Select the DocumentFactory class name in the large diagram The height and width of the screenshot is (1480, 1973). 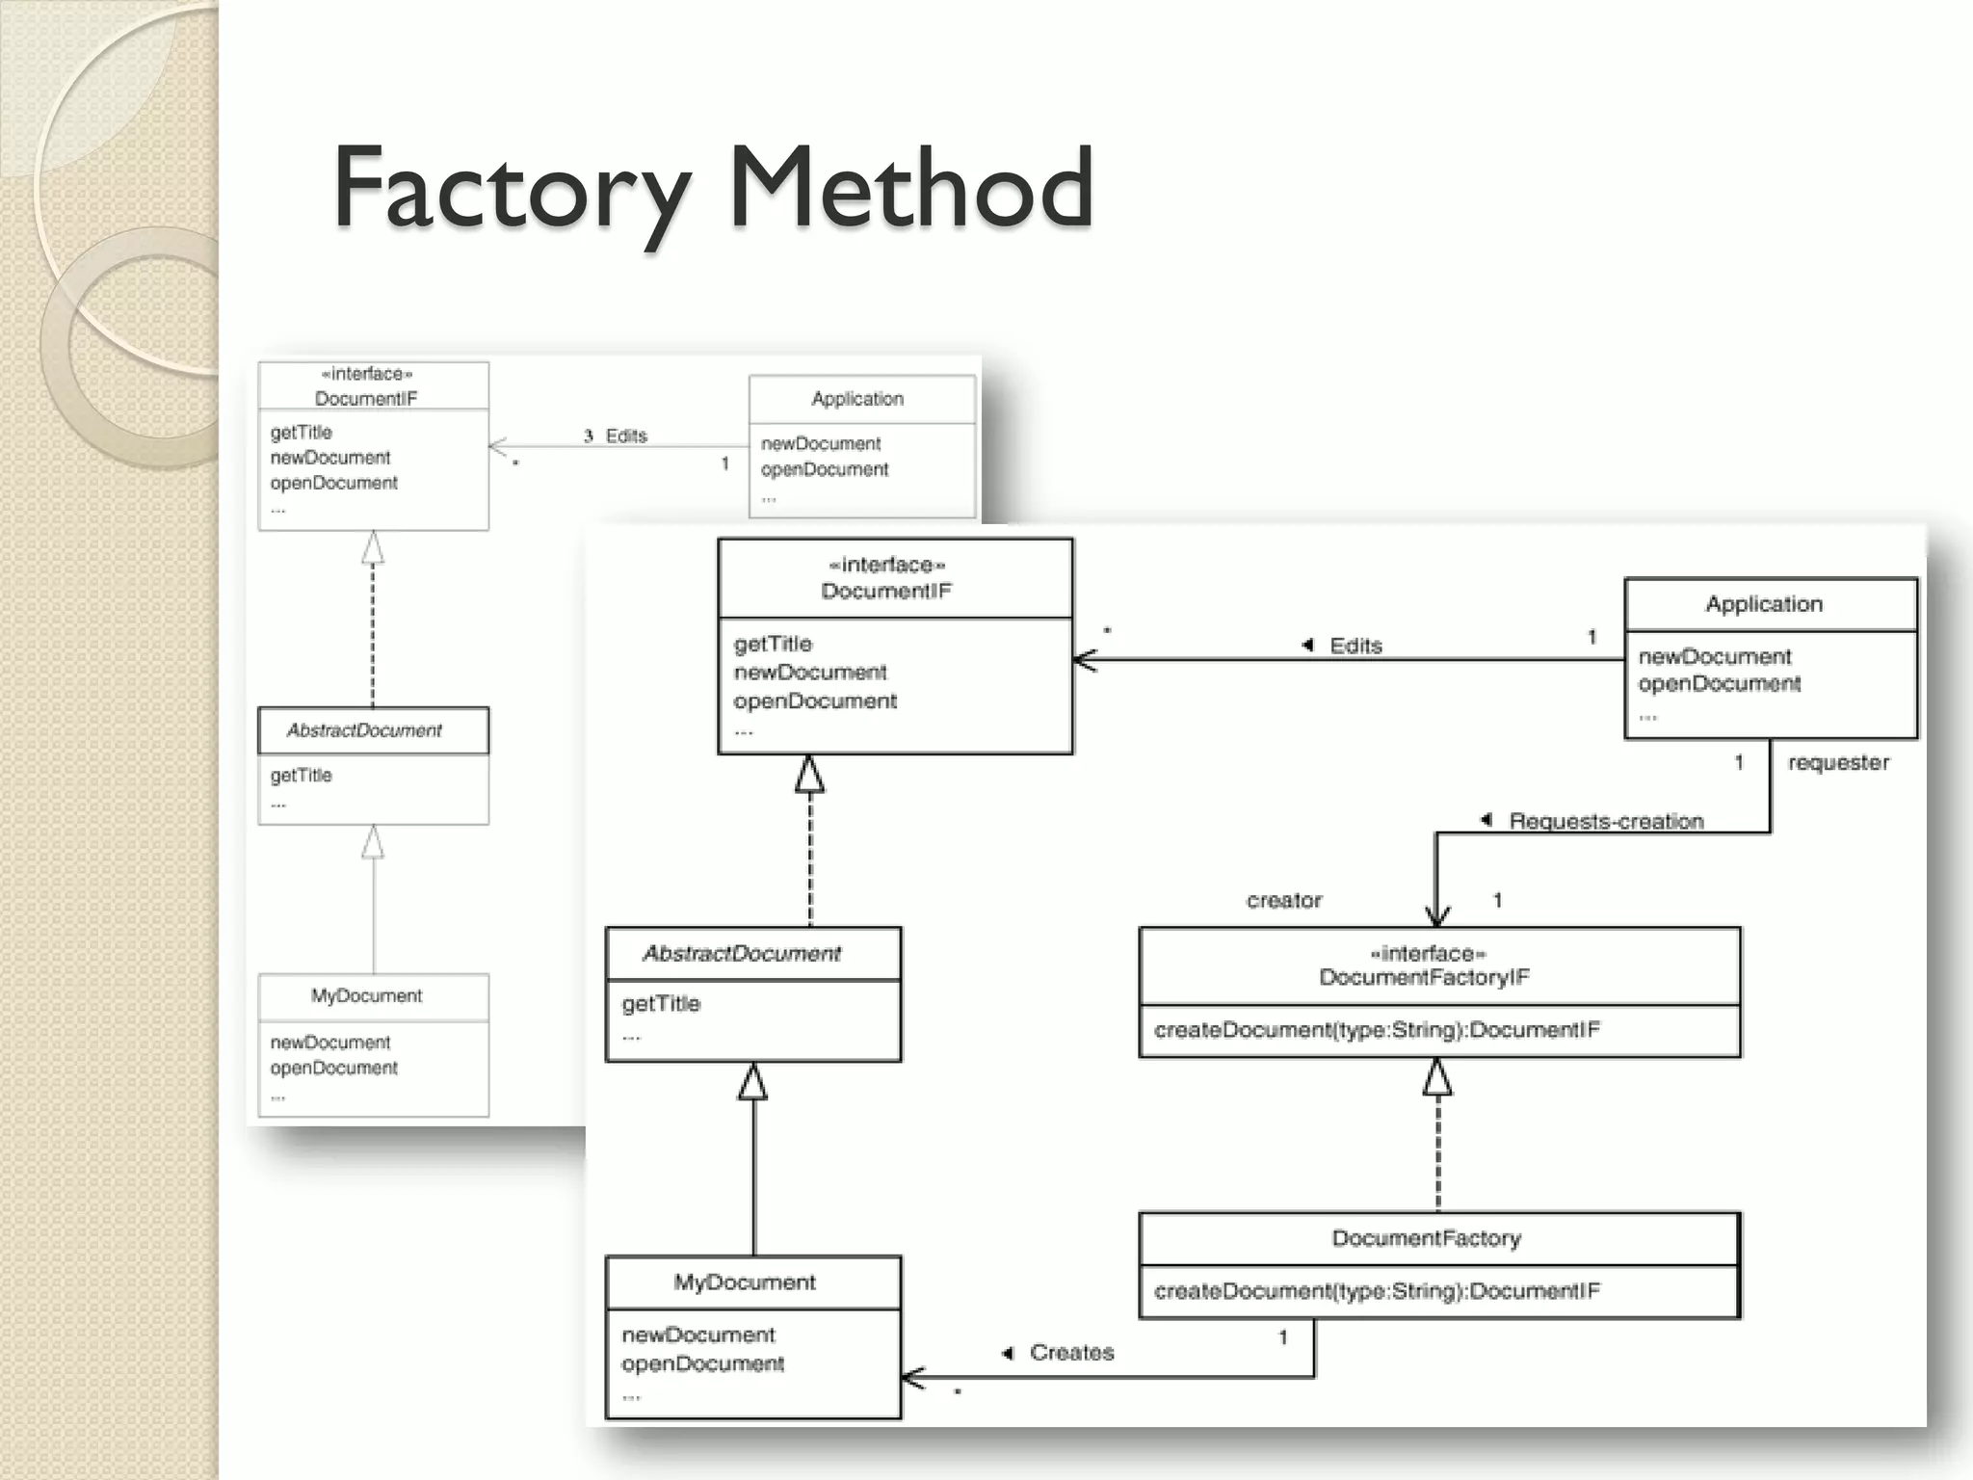[x=1426, y=1238]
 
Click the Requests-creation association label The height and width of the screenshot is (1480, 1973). [x=1606, y=821]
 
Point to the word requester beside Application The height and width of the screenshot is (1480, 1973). [x=1838, y=762]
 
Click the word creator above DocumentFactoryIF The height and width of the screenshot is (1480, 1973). [x=1284, y=900]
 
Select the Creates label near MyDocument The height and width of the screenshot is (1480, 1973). [x=1071, y=1352]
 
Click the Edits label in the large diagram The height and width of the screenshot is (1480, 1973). [x=1355, y=646]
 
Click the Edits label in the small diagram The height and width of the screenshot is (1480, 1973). [x=626, y=436]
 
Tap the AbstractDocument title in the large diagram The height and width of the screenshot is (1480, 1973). [x=742, y=953]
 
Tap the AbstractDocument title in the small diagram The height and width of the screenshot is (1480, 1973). [x=364, y=730]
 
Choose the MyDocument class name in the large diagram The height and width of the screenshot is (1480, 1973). [x=744, y=1282]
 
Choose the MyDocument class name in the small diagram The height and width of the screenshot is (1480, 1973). [x=366, y=995]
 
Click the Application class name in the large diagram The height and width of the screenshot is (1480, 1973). [x=1764, y=604]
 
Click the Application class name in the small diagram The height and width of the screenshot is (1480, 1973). [x=857, y=398]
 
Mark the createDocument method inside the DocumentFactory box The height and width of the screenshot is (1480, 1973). [x=1377, y=1290]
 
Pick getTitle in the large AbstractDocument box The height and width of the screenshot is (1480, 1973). [x=661, y=1003]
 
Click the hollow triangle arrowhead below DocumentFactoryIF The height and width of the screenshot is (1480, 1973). [x=1437, y=1077]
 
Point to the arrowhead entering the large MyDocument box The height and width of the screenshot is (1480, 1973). [x=913, y=1378]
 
